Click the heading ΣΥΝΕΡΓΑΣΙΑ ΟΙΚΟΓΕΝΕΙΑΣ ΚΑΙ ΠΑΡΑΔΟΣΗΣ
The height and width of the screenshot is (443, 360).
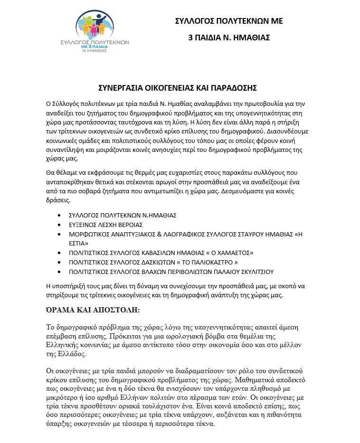(x=177, y=88)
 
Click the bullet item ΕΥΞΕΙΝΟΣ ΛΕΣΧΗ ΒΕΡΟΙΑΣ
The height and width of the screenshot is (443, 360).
(x=105, y=224)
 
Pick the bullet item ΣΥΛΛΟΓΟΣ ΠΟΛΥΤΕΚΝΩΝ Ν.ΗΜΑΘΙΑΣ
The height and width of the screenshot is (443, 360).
(x=123, y=215)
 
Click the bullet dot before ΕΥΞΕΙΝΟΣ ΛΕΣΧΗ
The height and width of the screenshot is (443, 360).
(x=59, y=225)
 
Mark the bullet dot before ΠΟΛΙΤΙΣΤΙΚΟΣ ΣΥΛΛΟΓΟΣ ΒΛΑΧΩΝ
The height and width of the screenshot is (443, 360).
(x=59, y=272)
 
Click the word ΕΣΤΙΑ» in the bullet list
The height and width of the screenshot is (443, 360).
(x=79, y=243)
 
